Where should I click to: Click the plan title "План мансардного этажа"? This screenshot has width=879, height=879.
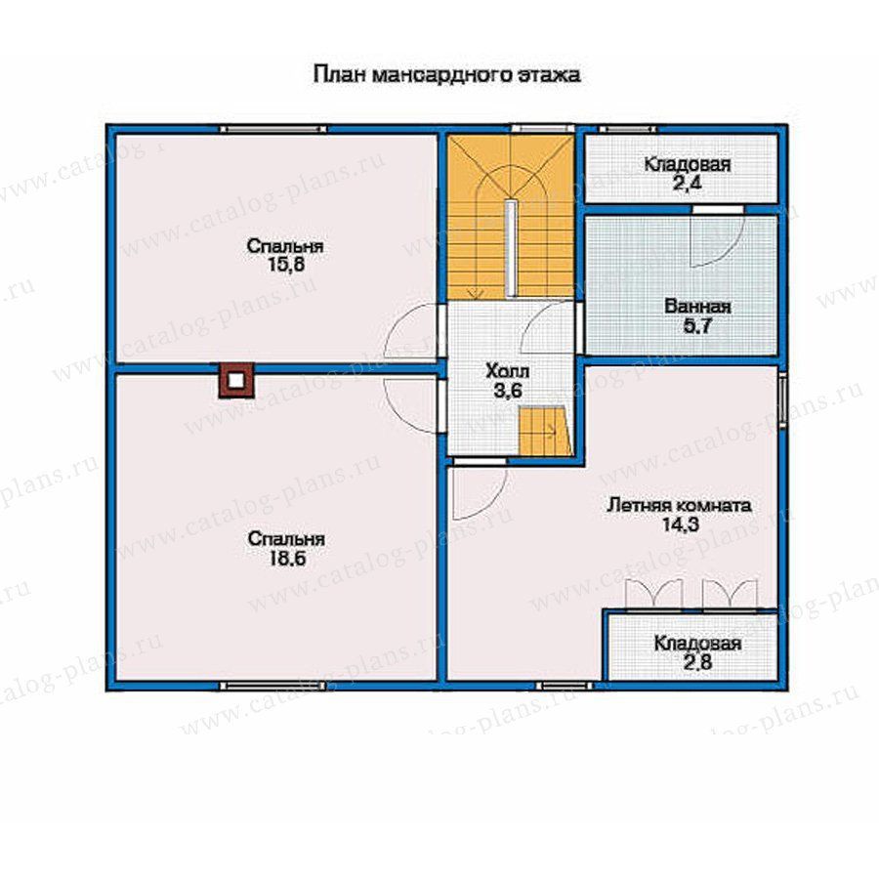point(446,75)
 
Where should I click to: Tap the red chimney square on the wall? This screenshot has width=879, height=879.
point(236,380)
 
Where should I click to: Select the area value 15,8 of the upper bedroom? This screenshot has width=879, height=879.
point(286,264)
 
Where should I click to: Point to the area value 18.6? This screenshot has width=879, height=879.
point(286,559)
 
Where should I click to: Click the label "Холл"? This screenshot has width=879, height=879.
point(507,371)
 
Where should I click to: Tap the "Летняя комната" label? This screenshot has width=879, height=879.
point(680,505)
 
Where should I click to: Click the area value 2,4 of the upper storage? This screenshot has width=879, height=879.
point(688,184)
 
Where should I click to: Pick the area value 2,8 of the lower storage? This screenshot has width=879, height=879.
point(698,662)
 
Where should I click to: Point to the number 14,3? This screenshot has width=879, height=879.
point(680,524)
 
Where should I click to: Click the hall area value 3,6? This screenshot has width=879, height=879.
point(508,391)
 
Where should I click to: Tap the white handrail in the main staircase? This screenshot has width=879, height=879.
point(510,248)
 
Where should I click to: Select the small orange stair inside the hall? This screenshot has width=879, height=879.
point(545,431)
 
